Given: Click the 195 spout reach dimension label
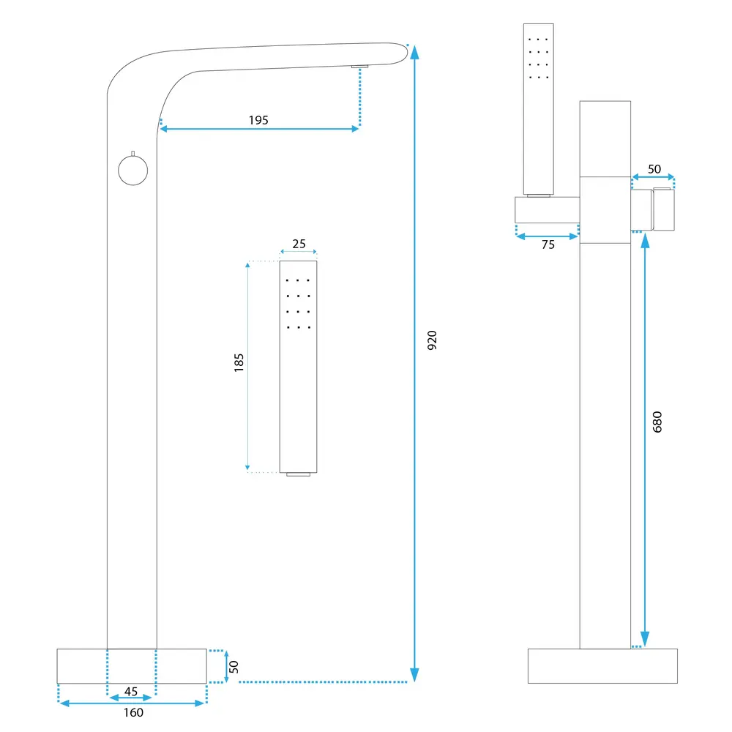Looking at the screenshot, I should [x=258, y=120].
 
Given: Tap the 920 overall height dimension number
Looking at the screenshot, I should [x=432, y=340].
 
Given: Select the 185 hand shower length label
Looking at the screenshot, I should [x=239, y=363].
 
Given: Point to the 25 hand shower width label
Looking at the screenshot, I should [x=299, y=244].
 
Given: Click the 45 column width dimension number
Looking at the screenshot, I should [x=131, y=691].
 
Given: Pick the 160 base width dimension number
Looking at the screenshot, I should [x=133, y=712].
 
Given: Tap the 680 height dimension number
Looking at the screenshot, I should [x=657, y=422].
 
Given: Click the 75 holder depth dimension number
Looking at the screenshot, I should [x=548, y=245].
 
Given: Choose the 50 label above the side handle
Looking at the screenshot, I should [x=654, y=169].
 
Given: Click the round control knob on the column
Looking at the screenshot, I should [x=132, y=171].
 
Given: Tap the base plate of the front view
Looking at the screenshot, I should [x=132, y=665].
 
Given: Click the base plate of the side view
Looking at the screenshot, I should [x=602, y=665].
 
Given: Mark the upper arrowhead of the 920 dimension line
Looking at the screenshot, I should [x=415, y=51].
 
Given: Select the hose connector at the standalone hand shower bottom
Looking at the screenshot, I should [x=298, y=475].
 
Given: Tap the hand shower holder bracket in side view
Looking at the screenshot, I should [x=548, y=210].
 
